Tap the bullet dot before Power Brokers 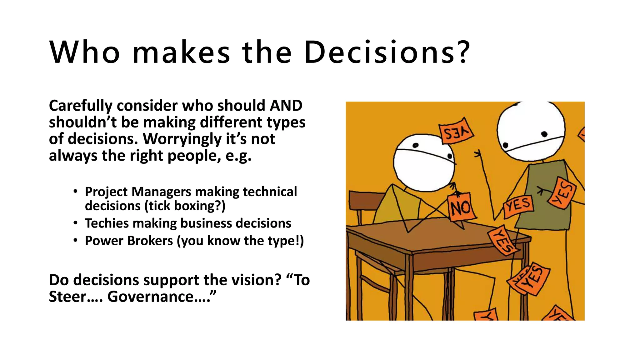coord(75,240)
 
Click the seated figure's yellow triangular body coord(395,206)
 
